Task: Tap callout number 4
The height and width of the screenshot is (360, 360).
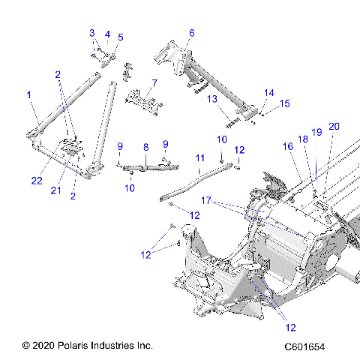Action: pos(107,34)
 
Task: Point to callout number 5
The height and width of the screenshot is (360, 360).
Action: pos(121,37)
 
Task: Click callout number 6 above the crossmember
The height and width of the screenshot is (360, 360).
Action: pos(192,33)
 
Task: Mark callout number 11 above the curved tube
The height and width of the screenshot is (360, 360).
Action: pos(199,158)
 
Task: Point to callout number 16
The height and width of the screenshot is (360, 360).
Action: pos(287,147)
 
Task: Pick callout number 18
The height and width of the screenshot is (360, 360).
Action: pos(303,139)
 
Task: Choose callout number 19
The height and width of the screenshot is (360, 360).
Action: pos(316,132)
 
